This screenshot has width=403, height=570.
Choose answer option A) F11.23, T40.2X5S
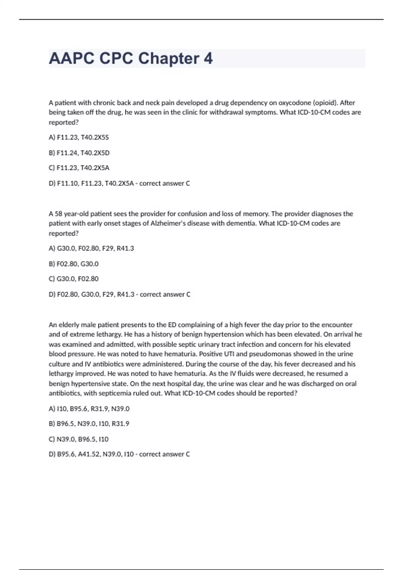tap(79, 137)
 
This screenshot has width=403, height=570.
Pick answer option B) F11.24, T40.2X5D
tap(79, 153)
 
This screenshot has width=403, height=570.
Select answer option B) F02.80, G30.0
tap(74, 264)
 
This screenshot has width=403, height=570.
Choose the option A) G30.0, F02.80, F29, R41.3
tap(91, 248)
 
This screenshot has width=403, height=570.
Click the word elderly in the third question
tap(69, 325)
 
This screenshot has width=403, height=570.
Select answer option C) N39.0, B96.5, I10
tap(79, 439)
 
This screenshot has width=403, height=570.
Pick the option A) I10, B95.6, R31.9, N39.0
tap(89, 409)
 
